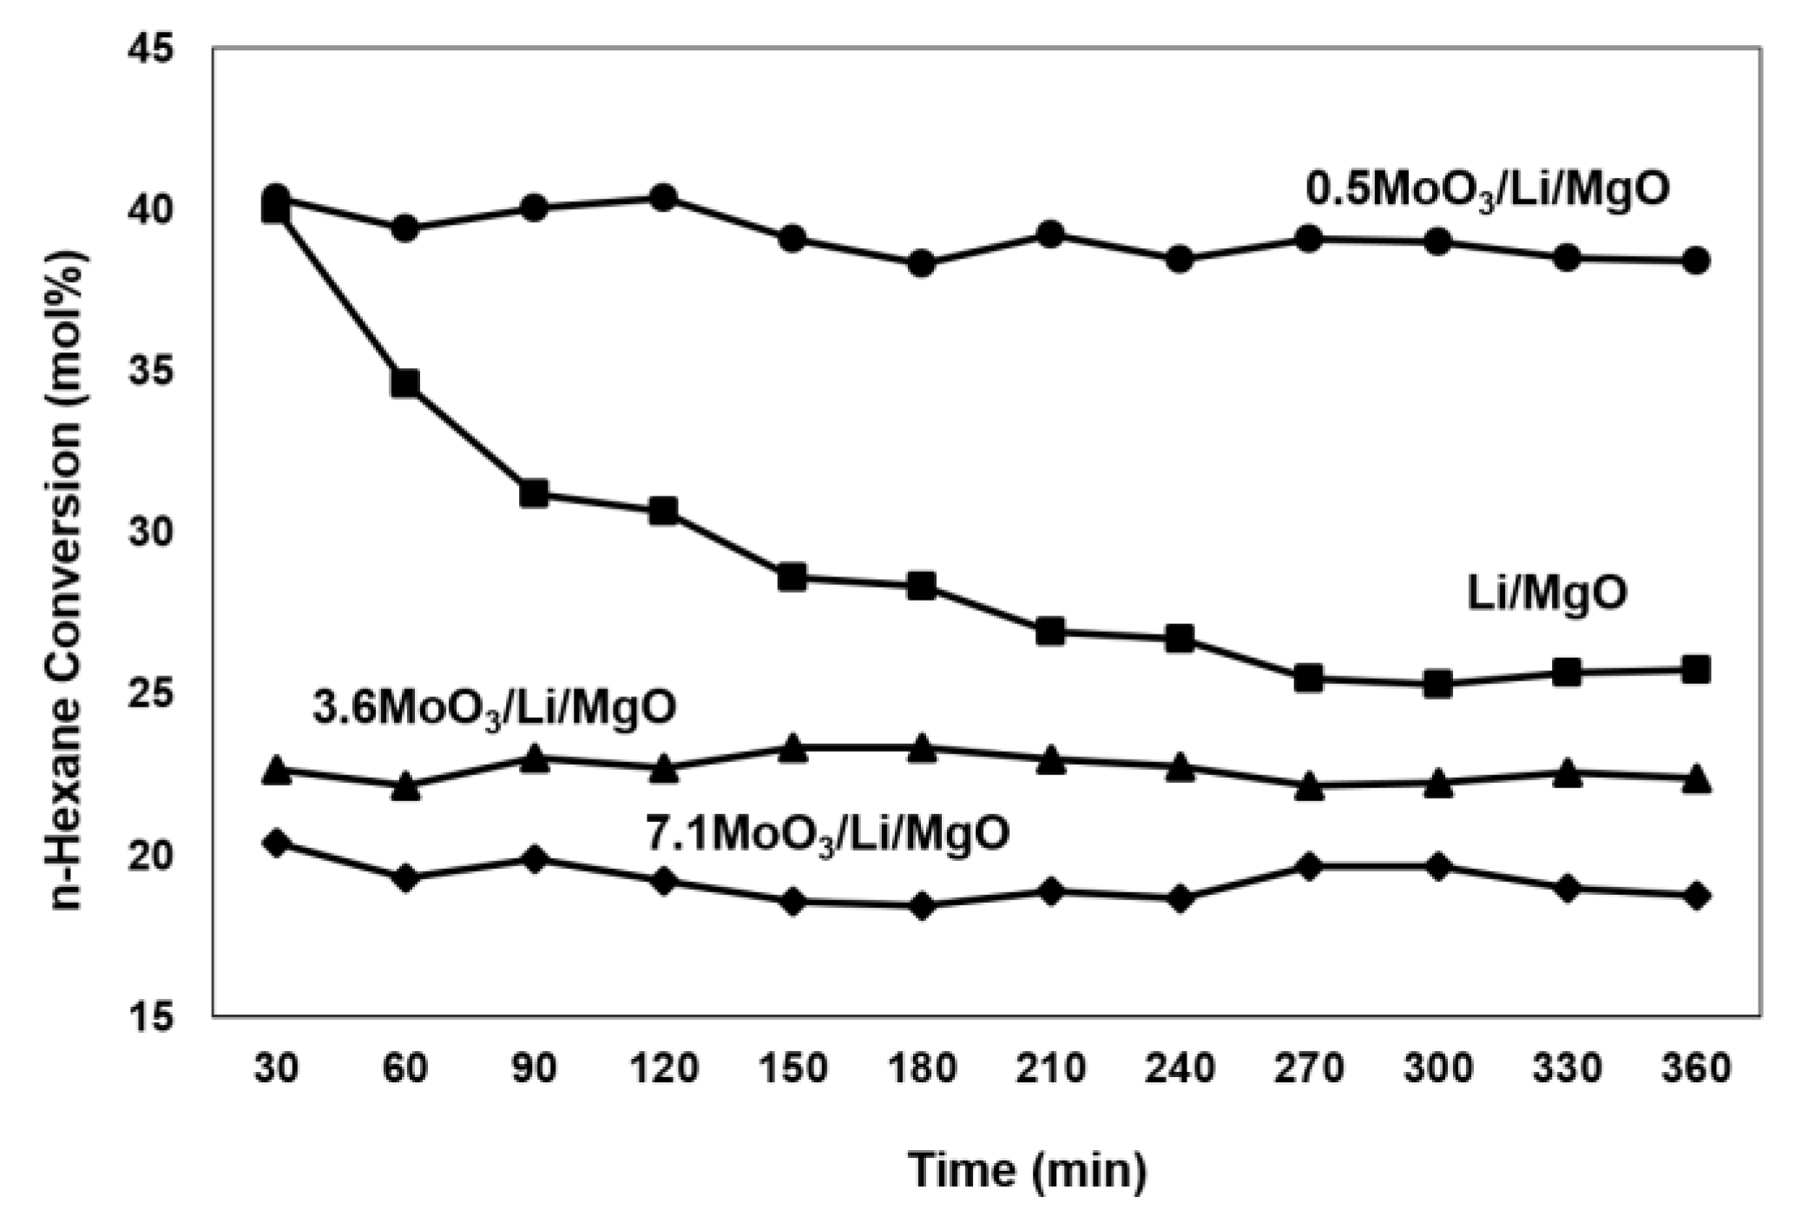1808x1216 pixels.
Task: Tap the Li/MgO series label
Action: click(1547, 595)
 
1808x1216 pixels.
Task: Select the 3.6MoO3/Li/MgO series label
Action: click(494, 709)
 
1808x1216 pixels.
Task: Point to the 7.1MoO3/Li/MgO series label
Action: click(827, 836)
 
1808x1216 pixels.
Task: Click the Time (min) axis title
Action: click(1028, 1170)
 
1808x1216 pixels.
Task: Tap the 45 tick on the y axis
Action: click(151, 49)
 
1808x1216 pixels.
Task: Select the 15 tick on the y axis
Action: click(151, 1016)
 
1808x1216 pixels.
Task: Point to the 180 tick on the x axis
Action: click(922, 1067)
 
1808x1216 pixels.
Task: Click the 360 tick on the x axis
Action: click(1696, 1067)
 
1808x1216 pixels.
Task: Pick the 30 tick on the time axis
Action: click(276, 1067)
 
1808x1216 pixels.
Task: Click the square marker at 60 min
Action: click(405, 383)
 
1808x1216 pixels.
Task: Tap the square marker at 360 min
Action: click(1696, 670)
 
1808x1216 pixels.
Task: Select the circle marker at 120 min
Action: click(663, 198)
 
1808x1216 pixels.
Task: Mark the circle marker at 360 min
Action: click(1696, 260)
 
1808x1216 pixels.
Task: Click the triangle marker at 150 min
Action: click(792, 749)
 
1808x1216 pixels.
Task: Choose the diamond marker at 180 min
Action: click(922, 906)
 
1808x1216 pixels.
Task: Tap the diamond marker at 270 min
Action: click(1309, 866)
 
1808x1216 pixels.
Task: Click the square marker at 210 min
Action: click(1050, 632)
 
